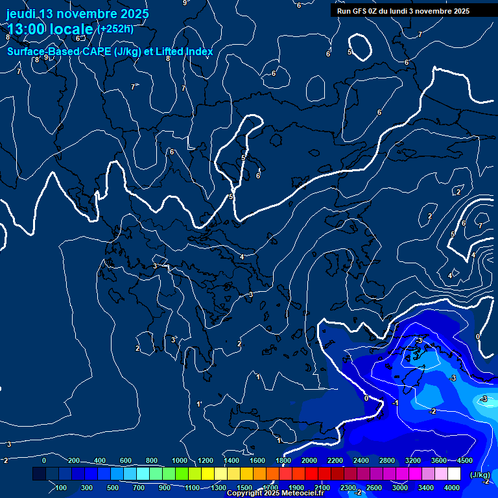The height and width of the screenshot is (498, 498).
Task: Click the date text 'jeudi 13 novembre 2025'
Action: [x=77, y=14]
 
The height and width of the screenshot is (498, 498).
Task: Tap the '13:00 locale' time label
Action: [x=50, y=29]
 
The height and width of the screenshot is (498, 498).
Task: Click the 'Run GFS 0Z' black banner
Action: [x=403, y=11]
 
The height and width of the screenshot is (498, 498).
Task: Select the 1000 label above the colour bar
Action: [x=180, y=460]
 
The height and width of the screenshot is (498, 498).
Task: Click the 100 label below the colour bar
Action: [x=62, y=488]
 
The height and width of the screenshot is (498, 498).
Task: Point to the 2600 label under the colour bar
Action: [x=374, y=488]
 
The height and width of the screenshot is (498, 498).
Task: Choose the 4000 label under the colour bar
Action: [x=452, y=488]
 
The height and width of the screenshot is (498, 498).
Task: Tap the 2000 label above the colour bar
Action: [x=309, y=460]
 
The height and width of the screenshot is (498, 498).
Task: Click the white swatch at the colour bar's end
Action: [x=454, y=474]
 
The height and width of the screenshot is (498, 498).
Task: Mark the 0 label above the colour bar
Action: [x=44, y=460]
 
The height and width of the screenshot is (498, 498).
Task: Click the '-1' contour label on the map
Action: [x=395, y=403]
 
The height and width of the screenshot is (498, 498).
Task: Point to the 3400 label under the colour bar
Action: [x=426, y=488]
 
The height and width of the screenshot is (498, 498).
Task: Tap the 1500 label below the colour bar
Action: [x=244, y=488]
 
